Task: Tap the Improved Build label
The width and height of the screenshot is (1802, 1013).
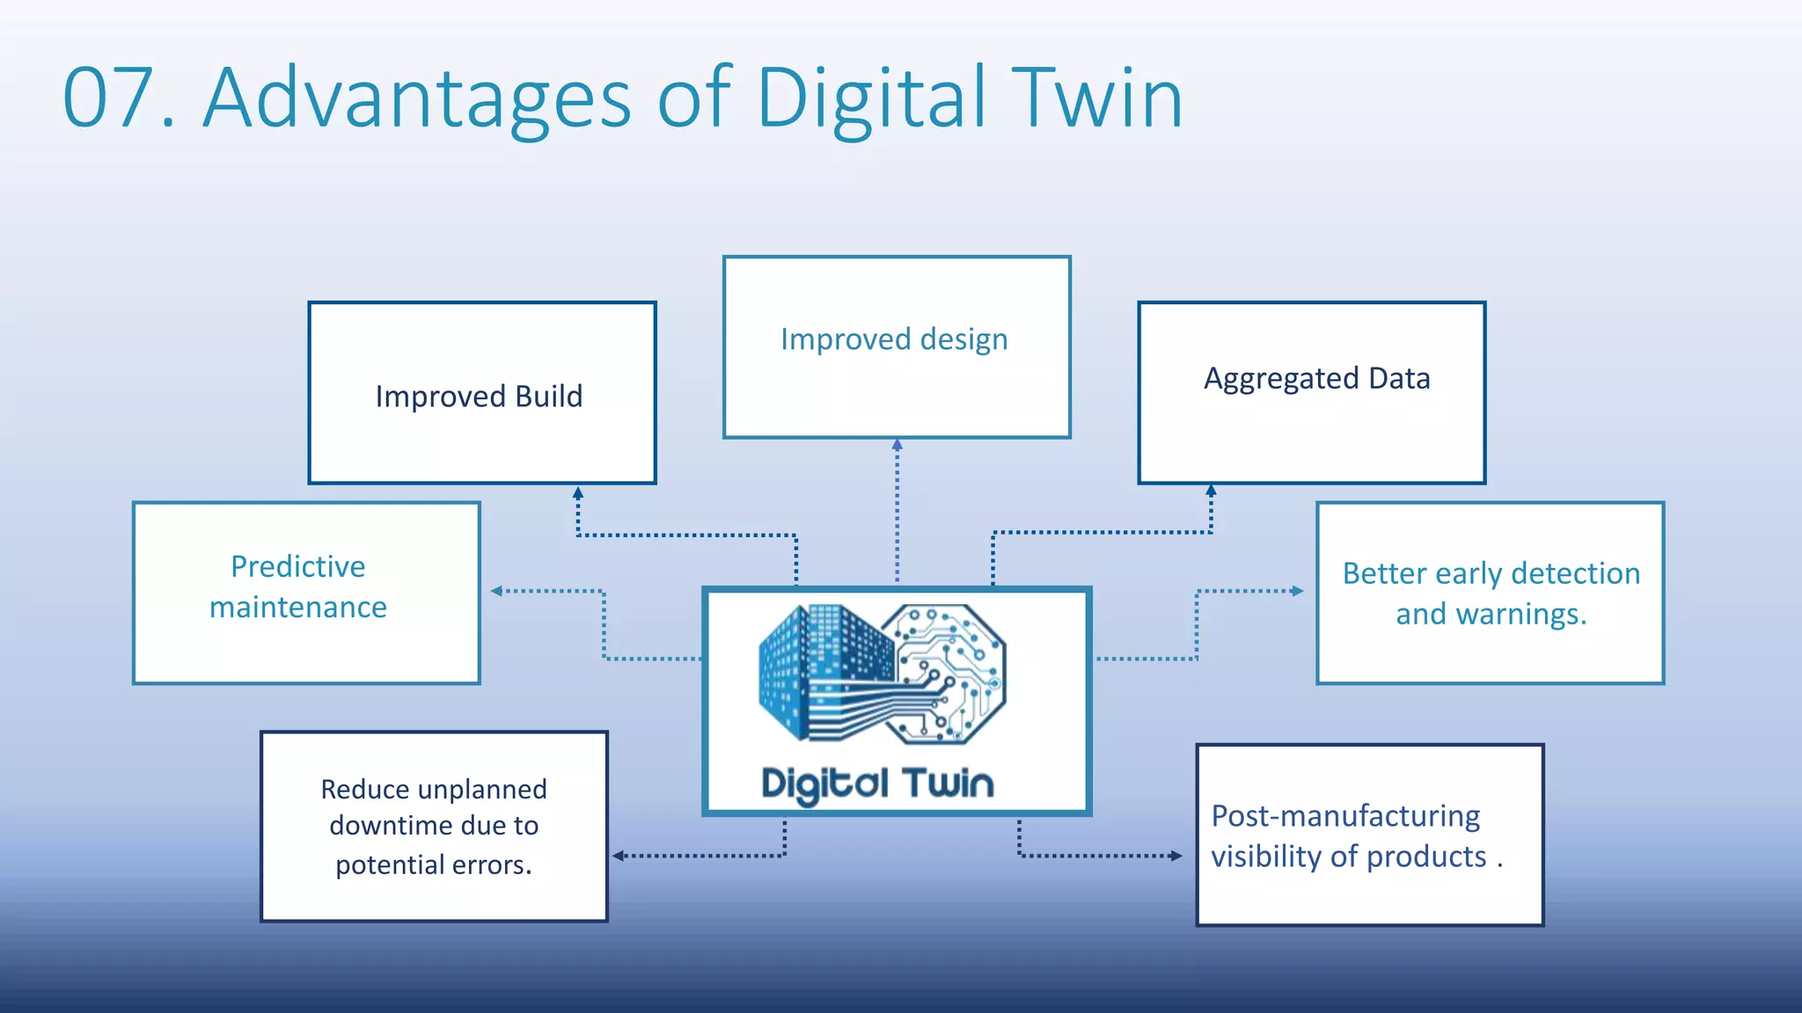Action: (x=479, y=397)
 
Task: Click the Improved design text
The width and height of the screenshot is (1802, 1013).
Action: (x=894, y=339)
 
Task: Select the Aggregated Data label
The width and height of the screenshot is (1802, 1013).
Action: (x=1316, y=378)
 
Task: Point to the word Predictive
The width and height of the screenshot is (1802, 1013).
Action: (x=297, y=566)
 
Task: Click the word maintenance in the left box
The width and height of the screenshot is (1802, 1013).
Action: (x=297, y=608)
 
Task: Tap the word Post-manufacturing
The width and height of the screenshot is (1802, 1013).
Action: (x=1345, y=816)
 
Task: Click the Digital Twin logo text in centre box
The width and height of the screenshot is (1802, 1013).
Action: (x=877, y=783)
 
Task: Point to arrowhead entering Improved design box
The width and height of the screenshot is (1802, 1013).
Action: (x=897, y=445)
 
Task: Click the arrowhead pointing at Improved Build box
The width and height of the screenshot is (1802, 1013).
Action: (x=577, y=493)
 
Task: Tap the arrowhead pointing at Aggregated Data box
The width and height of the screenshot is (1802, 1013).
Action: (x=1211, y=491)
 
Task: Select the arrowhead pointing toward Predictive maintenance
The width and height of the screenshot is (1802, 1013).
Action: (x=497, y=591)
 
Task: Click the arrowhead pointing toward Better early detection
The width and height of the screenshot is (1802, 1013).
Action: (x=1297, y=591)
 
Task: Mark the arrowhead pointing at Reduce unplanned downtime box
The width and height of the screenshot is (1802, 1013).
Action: (x=619, y=856)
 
